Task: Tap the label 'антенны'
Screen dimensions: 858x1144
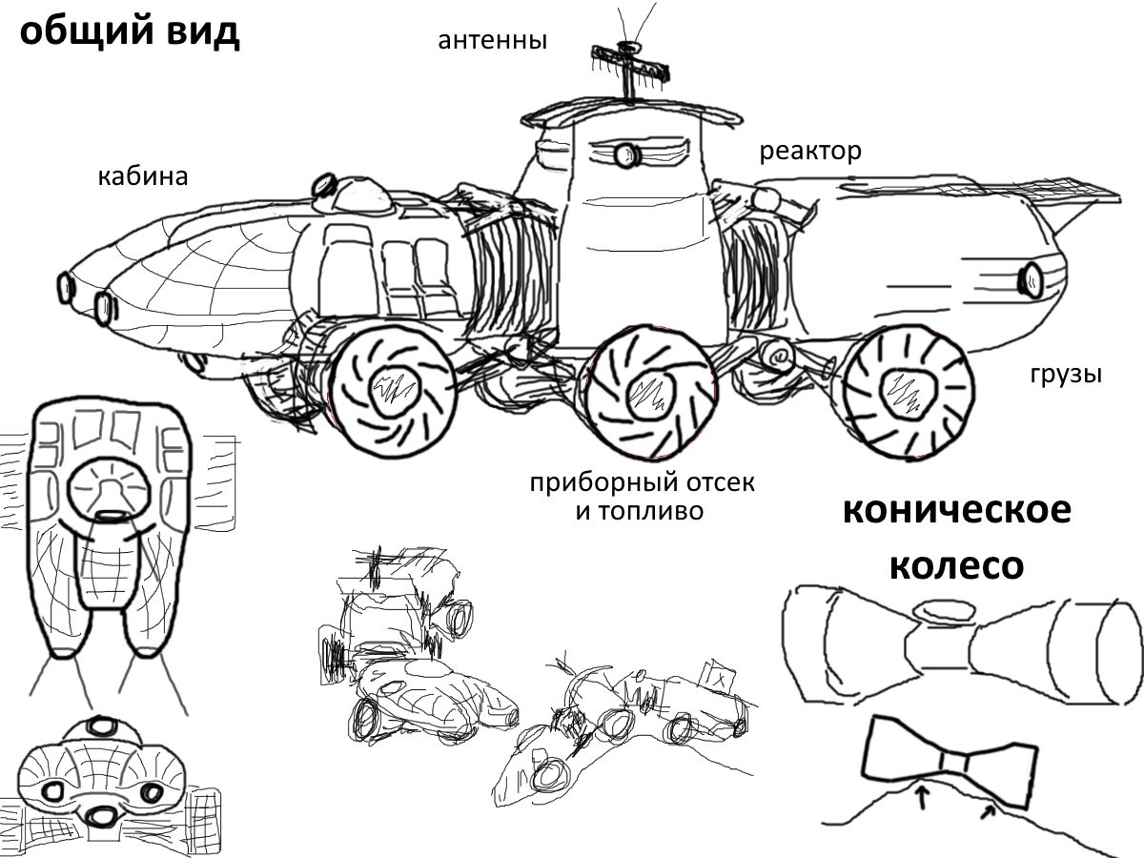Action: pos(492,41)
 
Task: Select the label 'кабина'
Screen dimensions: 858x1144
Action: pos(142,176)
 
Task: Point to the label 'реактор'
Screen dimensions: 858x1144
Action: pos(810,151)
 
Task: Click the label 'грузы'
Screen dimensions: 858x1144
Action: pos(1065,374)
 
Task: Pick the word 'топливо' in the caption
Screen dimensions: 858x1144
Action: pos(653,511)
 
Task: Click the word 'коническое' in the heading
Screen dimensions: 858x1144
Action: pos(956,511)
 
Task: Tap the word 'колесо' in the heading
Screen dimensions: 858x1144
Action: pos(956,565)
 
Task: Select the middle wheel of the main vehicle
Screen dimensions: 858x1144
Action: pos(648,385)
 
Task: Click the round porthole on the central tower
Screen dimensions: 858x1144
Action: pos(625,153)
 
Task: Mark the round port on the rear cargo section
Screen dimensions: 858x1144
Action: pos(1032,279)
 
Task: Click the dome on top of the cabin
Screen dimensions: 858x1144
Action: pos(355,194)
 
